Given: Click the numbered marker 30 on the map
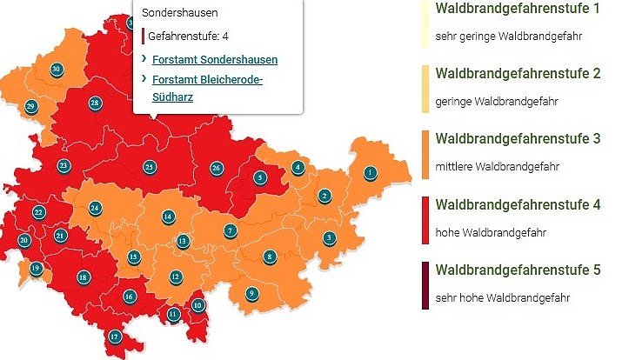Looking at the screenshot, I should click(x=57, y=69).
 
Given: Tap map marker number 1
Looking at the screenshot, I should click(x=370, y=172).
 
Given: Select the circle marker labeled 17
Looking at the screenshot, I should click(x=114, y=337).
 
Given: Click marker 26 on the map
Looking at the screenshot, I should click(x=217, y=167).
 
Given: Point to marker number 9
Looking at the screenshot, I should click(x=251, y=293).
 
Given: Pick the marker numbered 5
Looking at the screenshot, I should click(x=259, y=177).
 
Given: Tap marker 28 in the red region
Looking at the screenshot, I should click(x=95, y=103).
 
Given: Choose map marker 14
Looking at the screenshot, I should click(x=168, y=217).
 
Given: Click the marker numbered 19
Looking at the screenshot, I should click(x=36, y=269).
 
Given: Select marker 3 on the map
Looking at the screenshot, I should click(x=329, y=237).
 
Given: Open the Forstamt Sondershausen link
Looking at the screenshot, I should click(x=214, y=60).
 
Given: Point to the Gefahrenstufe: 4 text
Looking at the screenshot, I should click(x=188, y=37).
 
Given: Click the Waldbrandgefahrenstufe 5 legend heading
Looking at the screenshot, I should click(x=518, y=270).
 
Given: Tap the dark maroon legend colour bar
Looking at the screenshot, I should click(x=425, y=285).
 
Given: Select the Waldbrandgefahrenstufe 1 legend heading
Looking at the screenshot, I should click(x=518, y=10).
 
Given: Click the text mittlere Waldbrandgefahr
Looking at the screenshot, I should click(x=497, y=166).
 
